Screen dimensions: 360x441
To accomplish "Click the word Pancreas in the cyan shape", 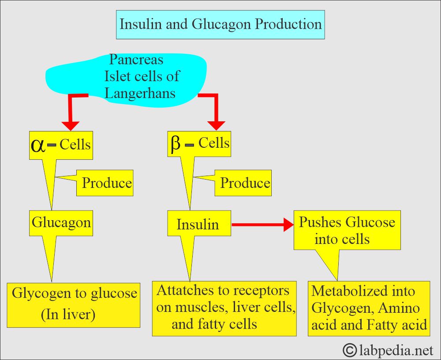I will click(x=136, y=59).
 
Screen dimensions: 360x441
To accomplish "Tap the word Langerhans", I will click(x=140, y=93).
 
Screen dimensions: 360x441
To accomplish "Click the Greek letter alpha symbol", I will click(x=39, y=145).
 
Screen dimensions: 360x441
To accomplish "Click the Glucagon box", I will click(x=61, y=222).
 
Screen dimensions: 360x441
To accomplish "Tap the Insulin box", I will click(x=198, y=224).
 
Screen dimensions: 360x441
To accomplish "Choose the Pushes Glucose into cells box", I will click(x=347, y=230).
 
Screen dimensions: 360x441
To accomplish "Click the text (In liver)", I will click(x=68, y=315).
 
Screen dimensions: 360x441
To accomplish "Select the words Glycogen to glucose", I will click(x=74, y=293).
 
